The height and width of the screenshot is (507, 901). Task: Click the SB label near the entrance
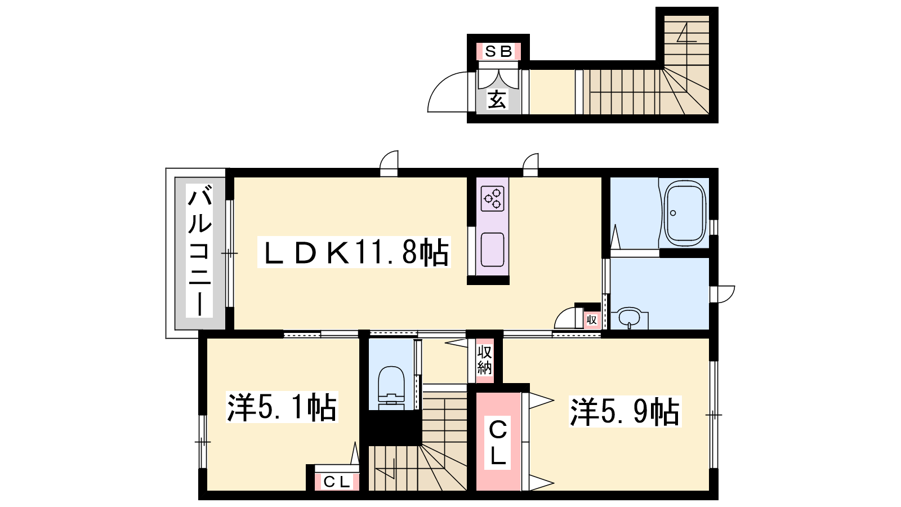(x=498, y=51)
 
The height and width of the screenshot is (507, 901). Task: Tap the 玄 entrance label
(x=497, y=99)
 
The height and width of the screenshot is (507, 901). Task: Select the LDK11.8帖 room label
(x=354, y=252)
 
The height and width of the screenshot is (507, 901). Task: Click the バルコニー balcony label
(x=199, y=250)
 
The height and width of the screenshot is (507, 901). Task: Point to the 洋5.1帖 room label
(x=282, y=407)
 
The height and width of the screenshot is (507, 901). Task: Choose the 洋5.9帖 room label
(x=625, y=412)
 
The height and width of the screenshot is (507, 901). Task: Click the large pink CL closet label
(x=498, y=443)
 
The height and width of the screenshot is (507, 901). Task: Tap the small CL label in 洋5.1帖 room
(x=336, y=482)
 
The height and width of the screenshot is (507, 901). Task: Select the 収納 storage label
(x=485, y=360)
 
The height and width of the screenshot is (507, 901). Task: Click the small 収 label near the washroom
(x=591, y=321)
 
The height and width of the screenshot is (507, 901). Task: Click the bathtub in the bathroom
(x=685, y=213)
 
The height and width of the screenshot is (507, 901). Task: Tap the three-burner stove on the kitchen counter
(x=493, y=198)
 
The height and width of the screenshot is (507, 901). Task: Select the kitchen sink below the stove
(x=492, y=250)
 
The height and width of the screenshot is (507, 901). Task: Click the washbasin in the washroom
(x=628, y=318)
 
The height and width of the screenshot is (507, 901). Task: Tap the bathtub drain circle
(x=673, y=213)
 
